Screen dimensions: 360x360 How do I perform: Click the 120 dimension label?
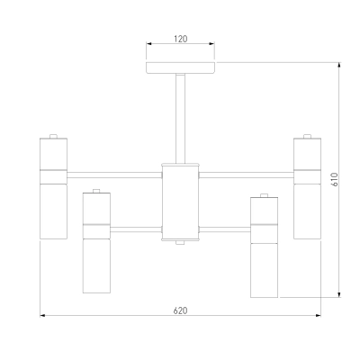tap(180, 39)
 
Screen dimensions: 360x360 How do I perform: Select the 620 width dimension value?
tap(180, 310)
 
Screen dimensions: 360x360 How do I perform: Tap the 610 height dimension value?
tap(335, 179)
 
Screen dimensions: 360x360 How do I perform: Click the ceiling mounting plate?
tap(180, 67)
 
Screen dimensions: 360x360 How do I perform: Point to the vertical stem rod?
tap(180, 119)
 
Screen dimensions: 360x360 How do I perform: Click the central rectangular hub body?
tap(180, 202)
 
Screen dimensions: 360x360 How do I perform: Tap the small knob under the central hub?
tap(180, 242)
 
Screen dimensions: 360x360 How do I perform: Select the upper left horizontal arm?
tap(114, 175)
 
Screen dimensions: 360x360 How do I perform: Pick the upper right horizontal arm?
tap(247, 175)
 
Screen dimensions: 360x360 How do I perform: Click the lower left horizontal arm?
tap(136, 229)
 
